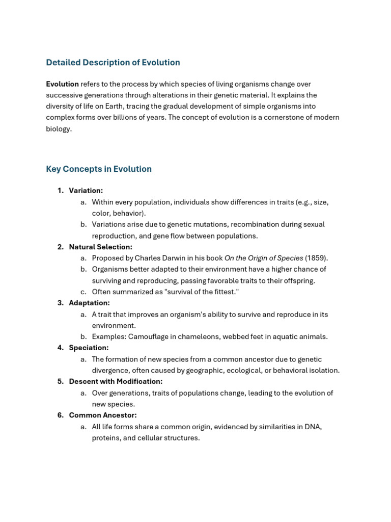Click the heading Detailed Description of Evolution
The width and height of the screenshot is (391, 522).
click(113, 63)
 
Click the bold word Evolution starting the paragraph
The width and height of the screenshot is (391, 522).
click(62, 84)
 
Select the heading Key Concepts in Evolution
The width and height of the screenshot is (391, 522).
click(99, 169)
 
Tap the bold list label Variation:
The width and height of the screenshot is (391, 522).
click(86, 191)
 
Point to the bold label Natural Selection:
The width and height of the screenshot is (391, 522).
click(100, 247)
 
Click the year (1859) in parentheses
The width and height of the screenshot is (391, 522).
click(317, 258)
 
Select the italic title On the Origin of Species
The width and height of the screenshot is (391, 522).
click(264, 258)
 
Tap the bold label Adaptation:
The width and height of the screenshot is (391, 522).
click(89, 303)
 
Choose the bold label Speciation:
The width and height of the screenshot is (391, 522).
click(89, 348)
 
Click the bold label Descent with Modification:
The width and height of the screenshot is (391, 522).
click(116, 382)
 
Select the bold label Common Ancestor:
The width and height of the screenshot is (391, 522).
click(103, 415)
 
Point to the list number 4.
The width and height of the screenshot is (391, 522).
click(60, 348)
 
